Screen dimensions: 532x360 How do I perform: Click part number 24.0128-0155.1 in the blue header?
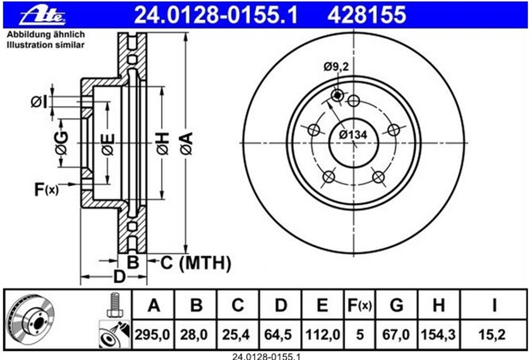pos(216,15)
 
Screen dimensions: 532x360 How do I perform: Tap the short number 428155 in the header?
pos(367,15)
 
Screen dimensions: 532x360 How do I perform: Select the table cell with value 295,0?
pos(152,334)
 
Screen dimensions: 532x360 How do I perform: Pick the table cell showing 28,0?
pos(194,334)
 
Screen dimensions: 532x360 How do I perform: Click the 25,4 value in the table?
pos(237,334)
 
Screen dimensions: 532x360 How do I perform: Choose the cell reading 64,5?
pos(279,334)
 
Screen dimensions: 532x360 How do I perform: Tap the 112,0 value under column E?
pos(322,334)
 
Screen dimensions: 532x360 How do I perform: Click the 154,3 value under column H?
pos(438,334)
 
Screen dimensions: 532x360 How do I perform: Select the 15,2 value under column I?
pos(492,334)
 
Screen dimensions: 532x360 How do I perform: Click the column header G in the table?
pos(396,305)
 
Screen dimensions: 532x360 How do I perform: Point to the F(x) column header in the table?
pos(360,305)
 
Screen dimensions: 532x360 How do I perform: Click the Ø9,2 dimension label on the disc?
pos(336,67)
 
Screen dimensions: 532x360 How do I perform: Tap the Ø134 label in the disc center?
pos(353,135)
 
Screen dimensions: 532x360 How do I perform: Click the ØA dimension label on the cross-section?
pos(187,144)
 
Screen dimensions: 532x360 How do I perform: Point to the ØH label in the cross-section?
pos(162,144)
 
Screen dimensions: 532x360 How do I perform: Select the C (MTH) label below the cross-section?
pos(196,263)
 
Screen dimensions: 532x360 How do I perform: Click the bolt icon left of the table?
pos(114,305)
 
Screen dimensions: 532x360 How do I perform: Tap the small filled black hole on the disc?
pos(337,96)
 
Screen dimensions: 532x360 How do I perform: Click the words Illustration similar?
pos(45,45)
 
